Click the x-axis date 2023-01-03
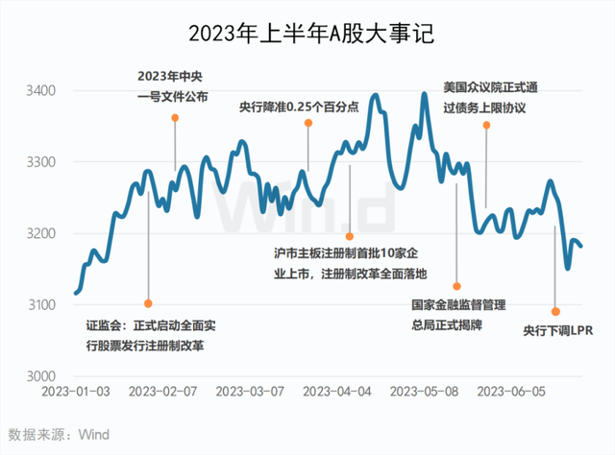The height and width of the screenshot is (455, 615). coord(78,392)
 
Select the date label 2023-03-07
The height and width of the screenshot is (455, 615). coord(250,392)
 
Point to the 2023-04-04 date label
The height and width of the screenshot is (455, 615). coord(337,392)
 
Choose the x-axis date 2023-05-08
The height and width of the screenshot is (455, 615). coord(425,392)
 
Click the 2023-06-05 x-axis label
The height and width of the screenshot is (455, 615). coord(511,392)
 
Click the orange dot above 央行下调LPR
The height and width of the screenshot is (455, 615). coord(555,311)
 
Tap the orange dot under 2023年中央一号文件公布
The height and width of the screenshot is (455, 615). coord(175,118)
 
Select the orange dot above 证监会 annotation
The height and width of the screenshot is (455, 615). coord(148,303)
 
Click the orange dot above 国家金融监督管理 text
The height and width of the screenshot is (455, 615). coord(457,286)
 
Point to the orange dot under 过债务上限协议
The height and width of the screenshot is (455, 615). coord(486,127)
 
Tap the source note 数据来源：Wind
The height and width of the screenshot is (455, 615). coord(58,434)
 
